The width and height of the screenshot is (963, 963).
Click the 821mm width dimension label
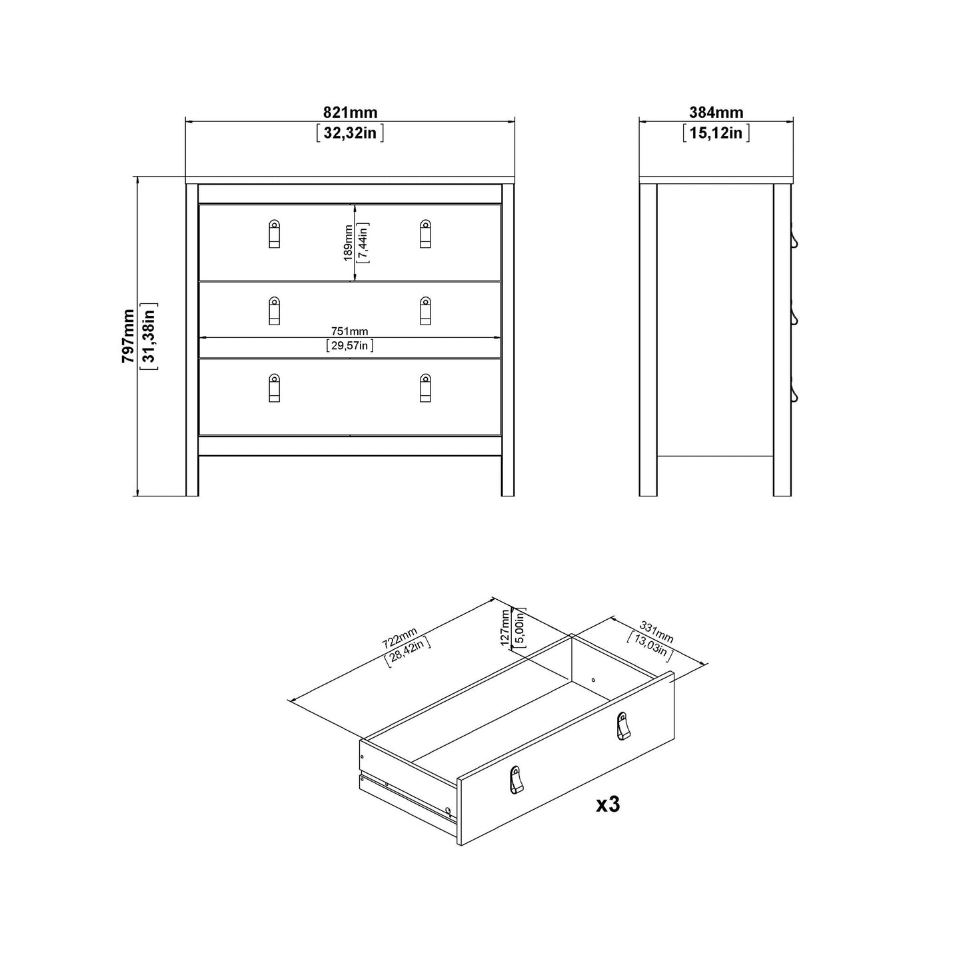click(x=350, y=113)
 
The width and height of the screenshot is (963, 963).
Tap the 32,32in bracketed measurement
click(x=350, y=133)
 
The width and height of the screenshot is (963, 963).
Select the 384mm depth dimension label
click(x=716, y=113)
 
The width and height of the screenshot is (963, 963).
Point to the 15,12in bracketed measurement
click(x=716, y=133)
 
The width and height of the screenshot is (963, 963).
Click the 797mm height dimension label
click(x=128, y=336)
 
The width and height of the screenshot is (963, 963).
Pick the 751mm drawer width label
click(x=350, y=331)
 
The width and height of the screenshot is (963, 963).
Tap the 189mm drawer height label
click(x=347, y=243)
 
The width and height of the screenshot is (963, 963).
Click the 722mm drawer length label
click(x=399, y=638)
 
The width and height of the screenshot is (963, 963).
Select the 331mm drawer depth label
click(x=656, y=631)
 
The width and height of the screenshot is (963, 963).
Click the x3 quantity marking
click(x=608, y=804)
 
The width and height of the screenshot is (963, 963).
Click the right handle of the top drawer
click(x=425, y=234)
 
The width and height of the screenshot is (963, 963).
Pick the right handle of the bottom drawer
click(x=425, y=388)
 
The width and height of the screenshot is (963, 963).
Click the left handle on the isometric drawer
click(x=515, y=780)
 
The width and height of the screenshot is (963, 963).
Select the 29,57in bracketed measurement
click(x=350, y=345)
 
